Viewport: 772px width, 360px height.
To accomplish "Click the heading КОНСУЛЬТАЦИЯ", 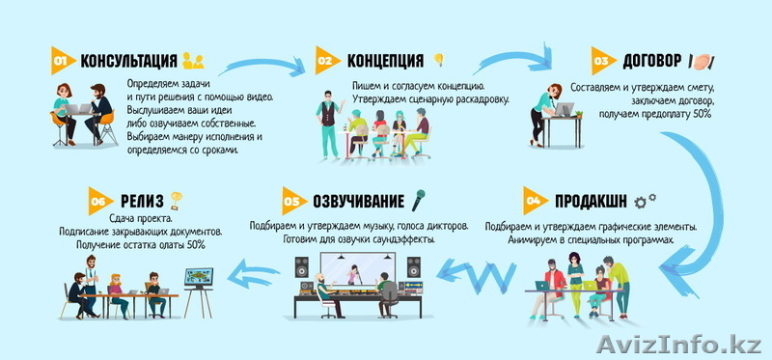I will coord(128,62).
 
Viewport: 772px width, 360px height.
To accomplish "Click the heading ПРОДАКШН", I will coord(592,202).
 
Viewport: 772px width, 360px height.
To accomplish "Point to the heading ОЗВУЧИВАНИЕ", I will coord(357,202).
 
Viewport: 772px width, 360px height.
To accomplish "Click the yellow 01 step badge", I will coord(61,62).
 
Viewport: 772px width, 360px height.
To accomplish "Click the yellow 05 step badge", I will coord(291,202).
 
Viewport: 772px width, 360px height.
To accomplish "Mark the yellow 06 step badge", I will coord(97,201).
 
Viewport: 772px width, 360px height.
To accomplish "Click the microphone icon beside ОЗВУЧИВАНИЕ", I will coord(419,201).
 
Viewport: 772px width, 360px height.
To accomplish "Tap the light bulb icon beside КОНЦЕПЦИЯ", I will coord(439,60).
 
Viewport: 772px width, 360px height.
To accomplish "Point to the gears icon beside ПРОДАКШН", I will coord(646,200).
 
